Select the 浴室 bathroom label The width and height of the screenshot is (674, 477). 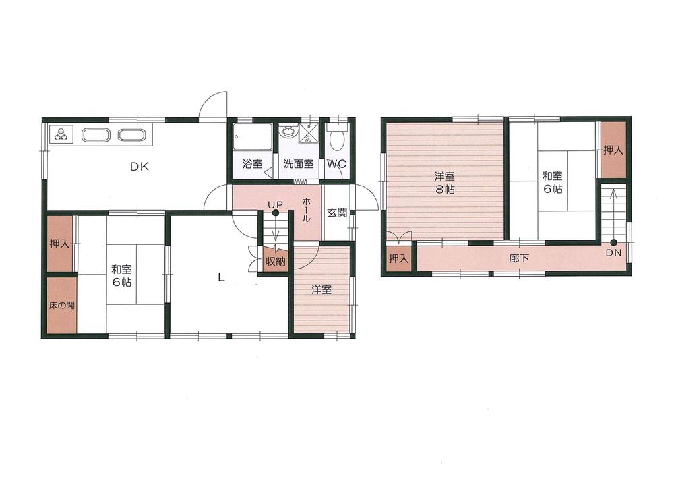[251, 163]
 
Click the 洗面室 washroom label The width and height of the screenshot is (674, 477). [297, 163]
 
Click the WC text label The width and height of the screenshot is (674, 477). [336, 163]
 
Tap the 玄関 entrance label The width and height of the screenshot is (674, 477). [337, 213]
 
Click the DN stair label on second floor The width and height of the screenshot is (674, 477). [613, 252]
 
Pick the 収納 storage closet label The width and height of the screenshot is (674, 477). [274, 261]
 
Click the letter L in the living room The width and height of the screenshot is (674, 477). [221, 275]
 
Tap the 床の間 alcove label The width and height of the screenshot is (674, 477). [61, 305]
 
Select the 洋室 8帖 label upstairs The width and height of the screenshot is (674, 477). [443, 183]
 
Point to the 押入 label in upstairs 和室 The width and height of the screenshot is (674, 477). [613, 150]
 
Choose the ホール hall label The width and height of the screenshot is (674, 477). [306, 211]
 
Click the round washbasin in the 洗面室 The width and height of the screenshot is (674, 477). [288, 132]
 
